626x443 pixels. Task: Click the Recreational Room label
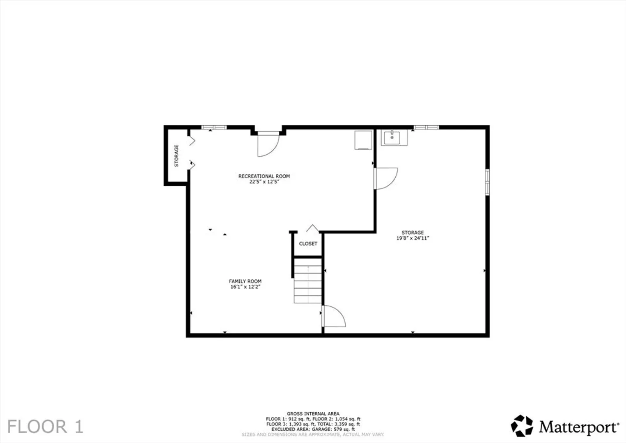pos(264,176)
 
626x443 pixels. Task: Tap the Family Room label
pos(245,281)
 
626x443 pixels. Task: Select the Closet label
pos(308,244)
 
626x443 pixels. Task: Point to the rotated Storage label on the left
pos(177,155)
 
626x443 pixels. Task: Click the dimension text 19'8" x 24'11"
pos(413,238)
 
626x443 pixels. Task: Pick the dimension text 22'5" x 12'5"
pos(264,182)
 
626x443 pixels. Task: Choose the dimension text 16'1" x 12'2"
pos(245,287)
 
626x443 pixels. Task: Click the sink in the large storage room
pos(394,138)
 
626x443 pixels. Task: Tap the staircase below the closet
pos(307,281)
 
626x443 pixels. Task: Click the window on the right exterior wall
pos(487,182)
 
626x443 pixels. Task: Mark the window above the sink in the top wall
pos(426,128)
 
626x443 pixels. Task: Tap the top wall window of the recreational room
pos(214,128)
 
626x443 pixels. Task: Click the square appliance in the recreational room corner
pos(363,140)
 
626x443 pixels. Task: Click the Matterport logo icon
pos(522,426)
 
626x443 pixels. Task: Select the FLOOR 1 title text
pos(45,427)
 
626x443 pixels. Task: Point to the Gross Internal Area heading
pos(313,413)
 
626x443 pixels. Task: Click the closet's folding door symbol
pos(312,228)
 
